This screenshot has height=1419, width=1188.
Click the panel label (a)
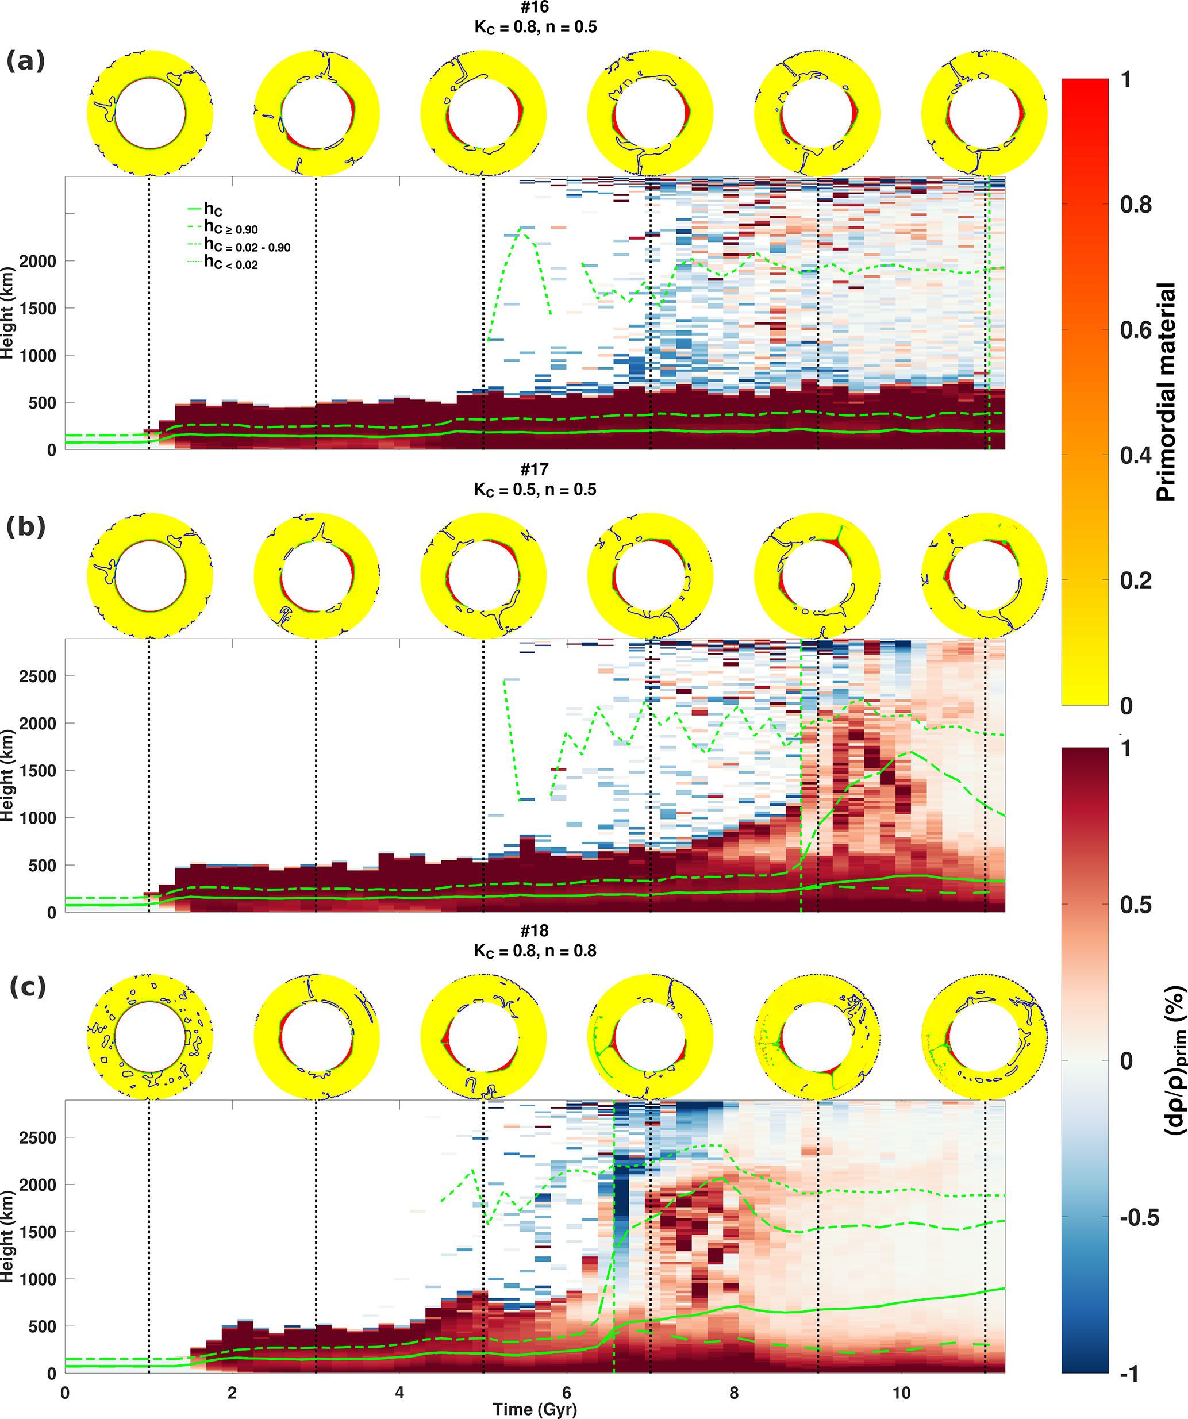[x=26, y=61]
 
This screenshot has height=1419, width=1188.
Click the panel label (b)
[x=26, y=526]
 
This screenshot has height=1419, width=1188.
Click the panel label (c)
[x=28, y=987]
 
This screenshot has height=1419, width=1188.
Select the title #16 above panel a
[x=535, y=7]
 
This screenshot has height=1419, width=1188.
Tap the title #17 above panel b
[x=535, y=469]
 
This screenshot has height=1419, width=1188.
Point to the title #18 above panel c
[x=535, y=930]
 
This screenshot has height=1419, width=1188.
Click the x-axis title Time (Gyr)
[x=535, y=1409]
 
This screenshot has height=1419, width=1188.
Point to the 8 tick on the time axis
[x=734, y=1393]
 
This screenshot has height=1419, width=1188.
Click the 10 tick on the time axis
[x=901, y=1393]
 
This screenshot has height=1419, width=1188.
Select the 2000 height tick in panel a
[x=38, y=262]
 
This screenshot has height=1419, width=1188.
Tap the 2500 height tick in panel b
[x=38, y=676]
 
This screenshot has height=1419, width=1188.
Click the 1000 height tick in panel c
[x=38, y=1279]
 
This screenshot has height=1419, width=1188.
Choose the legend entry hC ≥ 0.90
[x=230, y=228]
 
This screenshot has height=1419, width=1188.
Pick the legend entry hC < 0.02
[x=230, y=264]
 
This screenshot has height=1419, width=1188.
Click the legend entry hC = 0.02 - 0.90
[x=247, y=246]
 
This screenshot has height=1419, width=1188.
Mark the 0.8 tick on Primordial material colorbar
[x=1135, y=205]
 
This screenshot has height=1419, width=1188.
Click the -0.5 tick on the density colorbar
[x=1139, y=1218]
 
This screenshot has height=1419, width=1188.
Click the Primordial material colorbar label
[x=1166, y=392]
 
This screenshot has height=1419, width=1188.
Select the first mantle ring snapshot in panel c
[x=150, y=1037]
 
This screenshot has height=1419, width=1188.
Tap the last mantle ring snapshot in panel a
[x=985, y=113]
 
